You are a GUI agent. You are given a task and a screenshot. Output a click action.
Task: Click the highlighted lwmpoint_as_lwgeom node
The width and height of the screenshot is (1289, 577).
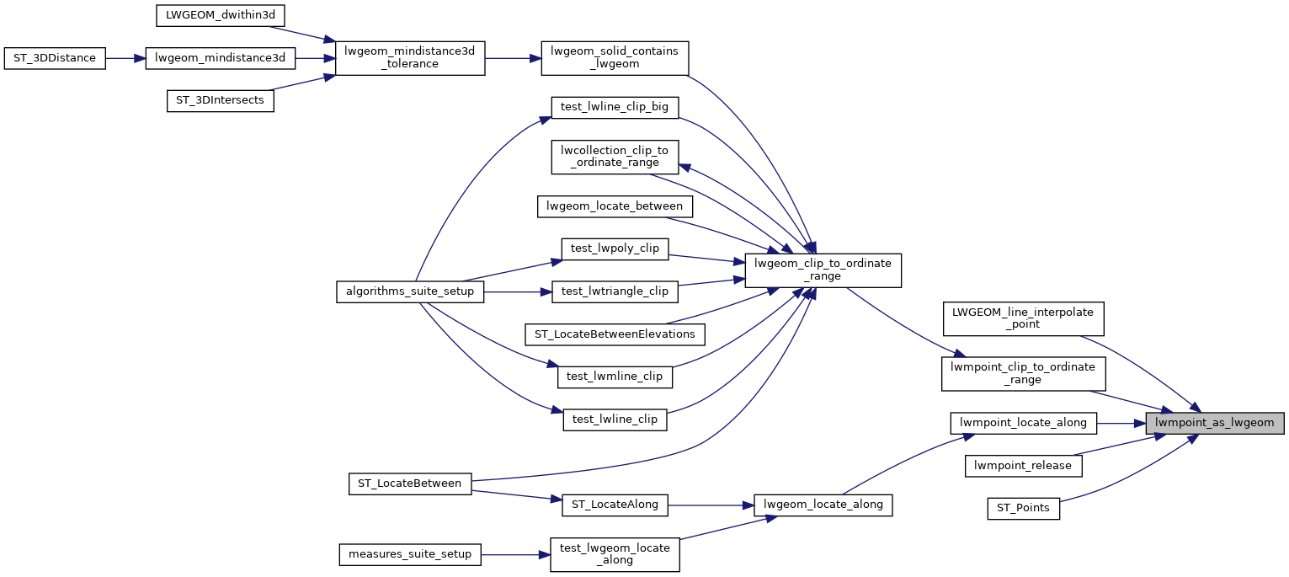[1214, 423]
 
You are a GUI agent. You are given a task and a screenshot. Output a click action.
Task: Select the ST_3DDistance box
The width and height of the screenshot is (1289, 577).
[55, 59]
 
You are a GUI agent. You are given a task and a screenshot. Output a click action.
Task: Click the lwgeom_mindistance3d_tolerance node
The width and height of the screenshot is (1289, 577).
[410, 58]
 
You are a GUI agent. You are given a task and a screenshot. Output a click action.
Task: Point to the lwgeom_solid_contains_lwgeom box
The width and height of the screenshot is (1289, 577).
[615, 58]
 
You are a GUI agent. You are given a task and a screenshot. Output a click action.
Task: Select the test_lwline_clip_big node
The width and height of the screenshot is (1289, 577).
[615, 107]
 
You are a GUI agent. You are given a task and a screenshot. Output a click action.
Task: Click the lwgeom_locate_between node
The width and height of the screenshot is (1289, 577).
[615, 206]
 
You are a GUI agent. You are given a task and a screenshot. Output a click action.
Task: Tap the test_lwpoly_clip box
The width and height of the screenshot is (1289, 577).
[615, 248]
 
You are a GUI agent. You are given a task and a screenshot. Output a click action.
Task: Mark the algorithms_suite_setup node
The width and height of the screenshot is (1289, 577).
[410, 291]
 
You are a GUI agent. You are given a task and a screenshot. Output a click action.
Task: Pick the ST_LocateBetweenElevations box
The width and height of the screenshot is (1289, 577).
[615, 334]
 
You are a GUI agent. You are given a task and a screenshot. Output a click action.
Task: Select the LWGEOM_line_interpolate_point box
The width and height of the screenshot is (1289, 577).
[1022, 318]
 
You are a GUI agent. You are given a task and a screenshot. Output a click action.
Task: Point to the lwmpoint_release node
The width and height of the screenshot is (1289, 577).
[1022, 465]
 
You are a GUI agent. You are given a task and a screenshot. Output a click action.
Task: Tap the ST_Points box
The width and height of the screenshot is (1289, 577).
[1022, 508]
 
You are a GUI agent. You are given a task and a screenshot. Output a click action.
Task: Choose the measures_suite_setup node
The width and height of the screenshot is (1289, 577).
[410, 554]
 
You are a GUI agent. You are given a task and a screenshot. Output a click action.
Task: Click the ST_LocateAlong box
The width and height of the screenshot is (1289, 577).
[615, 505]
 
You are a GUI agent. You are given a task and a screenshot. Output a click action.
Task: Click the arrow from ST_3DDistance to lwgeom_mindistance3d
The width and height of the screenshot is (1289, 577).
[125, 59]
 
